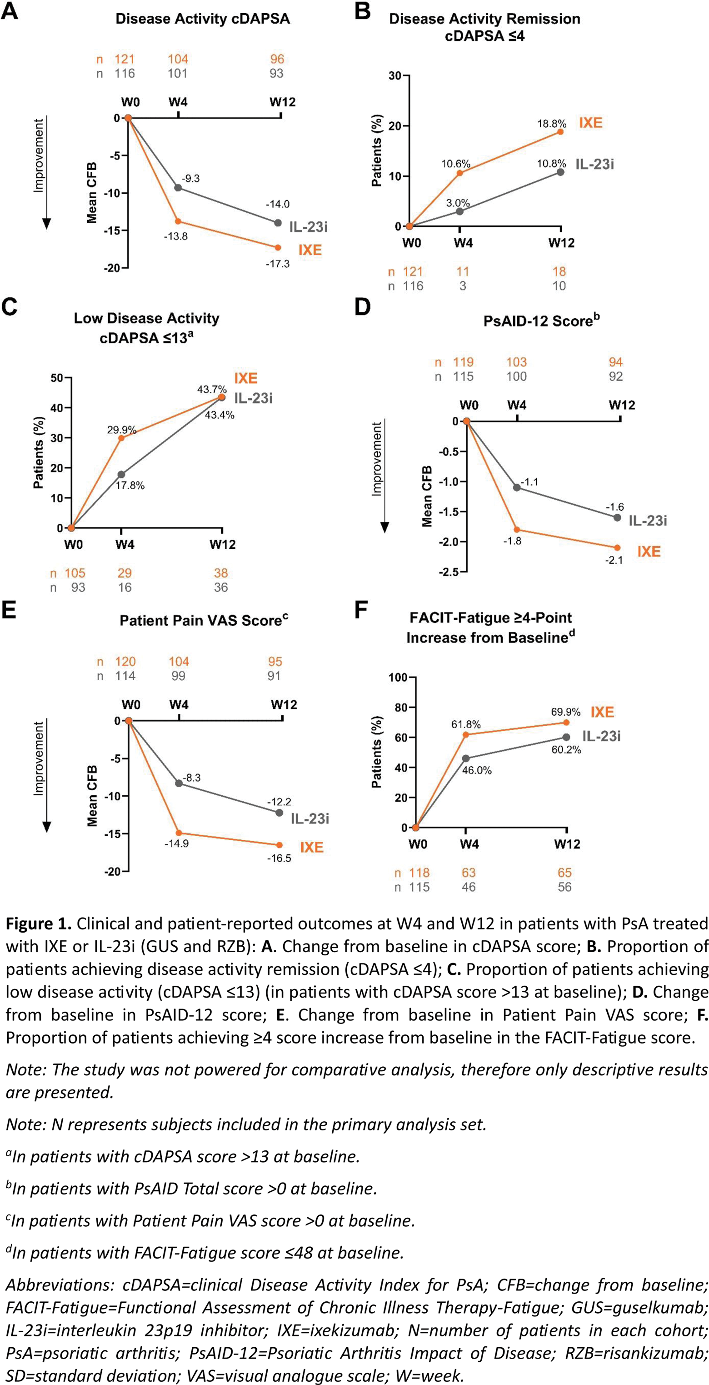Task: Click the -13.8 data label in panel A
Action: (176, 236)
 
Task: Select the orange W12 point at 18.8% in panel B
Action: (561, 132)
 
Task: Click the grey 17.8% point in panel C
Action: (121, 475)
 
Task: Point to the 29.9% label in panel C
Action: (121, 430)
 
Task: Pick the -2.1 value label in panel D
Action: (614, 560)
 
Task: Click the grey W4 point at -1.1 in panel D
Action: (517, 487)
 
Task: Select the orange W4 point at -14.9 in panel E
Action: (179, 833)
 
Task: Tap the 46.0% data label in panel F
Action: (477, 770)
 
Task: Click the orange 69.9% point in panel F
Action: (566, 723)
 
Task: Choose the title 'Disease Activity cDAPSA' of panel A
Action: (203, 19)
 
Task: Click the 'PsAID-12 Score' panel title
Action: (540, 321)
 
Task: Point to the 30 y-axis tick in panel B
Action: (395, 76)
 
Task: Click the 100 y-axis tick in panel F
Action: (398, 677)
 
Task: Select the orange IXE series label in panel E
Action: (311, 848)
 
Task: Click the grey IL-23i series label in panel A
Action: (308, 227)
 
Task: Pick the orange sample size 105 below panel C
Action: (75, 573)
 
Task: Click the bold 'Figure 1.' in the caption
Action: (38, 923)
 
